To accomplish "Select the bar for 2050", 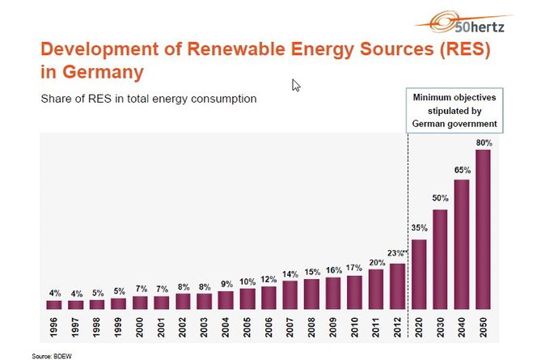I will [x=483, y=230].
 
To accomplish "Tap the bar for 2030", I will [x=440, y=260].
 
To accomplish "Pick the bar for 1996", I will [x=53, y=305].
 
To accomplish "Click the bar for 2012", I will [x=397, y=286].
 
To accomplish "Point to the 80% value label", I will [x=484, y=142].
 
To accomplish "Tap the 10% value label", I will [x=247, y=281].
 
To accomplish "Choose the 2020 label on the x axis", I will [x=419, y=328].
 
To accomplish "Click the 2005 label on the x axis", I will [x=247, y=328].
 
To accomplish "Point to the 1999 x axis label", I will [x=118, y=328].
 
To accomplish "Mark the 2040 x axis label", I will [x=462, y=328].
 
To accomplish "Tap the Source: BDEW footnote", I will [x=49, y=355].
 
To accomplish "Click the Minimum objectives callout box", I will [x=454, y=110].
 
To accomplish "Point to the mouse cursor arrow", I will [x=296, y=85].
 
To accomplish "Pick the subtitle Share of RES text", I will [x=149, y=99].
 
